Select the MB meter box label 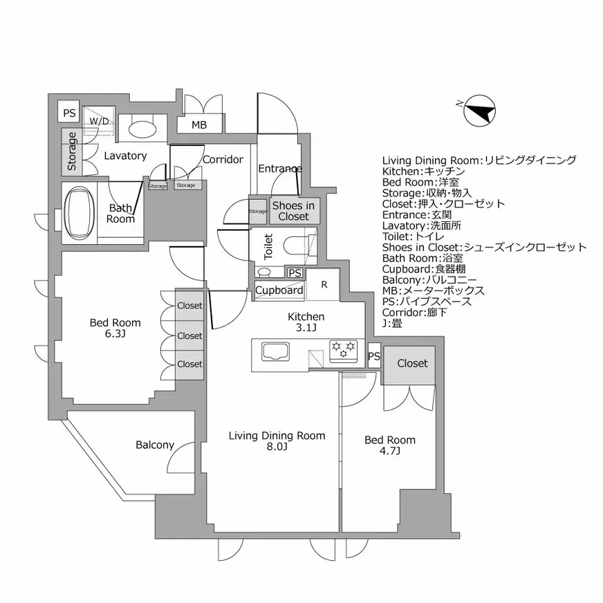199,125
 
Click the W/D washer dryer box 98,121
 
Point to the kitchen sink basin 279,352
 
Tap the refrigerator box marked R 324,284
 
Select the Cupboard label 279,290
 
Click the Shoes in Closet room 294,211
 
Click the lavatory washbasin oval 142,129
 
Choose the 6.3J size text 115,335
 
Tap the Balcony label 155,445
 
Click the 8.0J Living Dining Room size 277,447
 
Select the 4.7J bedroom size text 389,452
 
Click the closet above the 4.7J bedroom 411,364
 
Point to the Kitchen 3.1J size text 306,328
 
